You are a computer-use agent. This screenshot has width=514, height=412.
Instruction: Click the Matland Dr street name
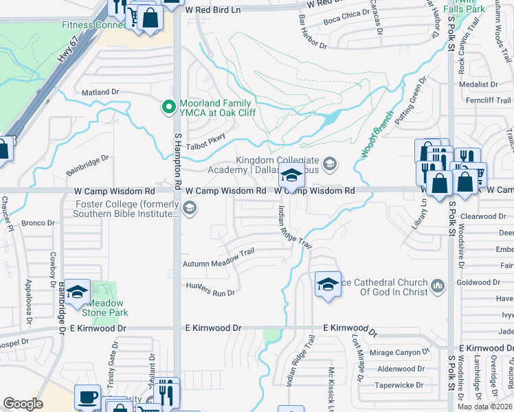[100, 91]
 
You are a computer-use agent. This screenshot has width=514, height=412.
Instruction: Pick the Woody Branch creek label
[375, 135]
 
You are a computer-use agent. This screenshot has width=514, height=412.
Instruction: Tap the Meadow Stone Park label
[102, 307]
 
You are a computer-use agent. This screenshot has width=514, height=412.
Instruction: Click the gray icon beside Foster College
[188, 207]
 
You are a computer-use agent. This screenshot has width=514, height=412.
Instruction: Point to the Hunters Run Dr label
[210, 288]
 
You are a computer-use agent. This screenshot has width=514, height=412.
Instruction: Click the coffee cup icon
[87, 397]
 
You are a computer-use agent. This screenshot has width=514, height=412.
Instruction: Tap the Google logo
[23, 404]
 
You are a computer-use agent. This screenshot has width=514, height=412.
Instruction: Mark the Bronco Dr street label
[38, 223]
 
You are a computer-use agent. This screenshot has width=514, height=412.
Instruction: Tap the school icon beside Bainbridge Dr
[78, 293]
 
